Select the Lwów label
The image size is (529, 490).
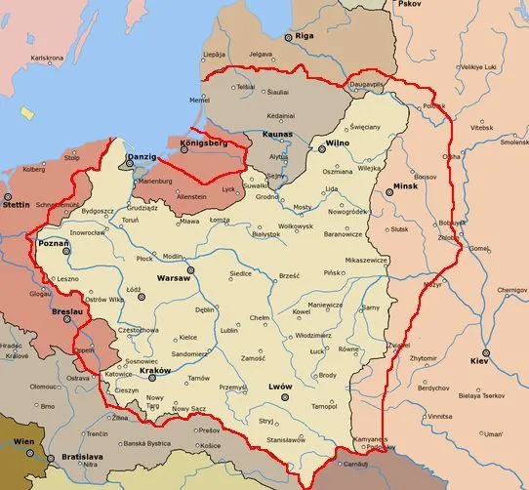279,387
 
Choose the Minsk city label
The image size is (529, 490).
405,185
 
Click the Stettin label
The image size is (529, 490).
17,206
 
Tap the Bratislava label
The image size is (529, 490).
79,455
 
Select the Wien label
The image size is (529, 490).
24,442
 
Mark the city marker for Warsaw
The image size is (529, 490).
190,268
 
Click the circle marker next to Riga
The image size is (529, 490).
288,37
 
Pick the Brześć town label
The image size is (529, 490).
289,276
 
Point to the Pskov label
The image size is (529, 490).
409,5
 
